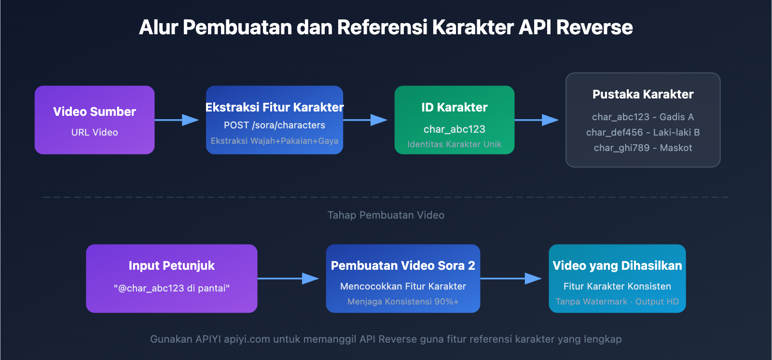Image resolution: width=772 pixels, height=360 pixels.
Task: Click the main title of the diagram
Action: click(x=386, y=28)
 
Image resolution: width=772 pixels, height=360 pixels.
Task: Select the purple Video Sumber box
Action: click(x=95, y=120)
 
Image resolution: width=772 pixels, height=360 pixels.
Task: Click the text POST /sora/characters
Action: click(x=274, y=125)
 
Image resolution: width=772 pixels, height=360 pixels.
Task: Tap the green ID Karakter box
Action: click(x=454, y=120)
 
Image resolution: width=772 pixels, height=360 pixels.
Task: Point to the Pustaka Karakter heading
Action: click(x=643, y=95)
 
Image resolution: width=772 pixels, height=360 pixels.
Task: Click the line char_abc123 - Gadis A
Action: click(x=643, y=117)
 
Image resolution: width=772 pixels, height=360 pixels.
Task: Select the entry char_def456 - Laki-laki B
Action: click(x=643, y=133)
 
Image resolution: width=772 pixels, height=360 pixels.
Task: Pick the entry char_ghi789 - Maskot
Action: click(x=643, y=148)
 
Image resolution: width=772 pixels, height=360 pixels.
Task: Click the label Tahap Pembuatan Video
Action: click(x=386, y=215)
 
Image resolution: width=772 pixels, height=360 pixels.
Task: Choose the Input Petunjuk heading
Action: click(x=171, y=266)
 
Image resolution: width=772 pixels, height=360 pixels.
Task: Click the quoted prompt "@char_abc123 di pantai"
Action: click(x=171, y=289)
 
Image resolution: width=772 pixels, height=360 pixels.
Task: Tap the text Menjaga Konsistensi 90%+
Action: click(x=403, y=302)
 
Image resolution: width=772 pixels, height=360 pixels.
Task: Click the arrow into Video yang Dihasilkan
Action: click(x=511, y=278)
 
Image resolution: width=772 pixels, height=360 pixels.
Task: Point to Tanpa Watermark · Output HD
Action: click(x=617, y=302)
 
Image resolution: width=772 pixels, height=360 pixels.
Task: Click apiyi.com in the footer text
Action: click(x=247, y=339)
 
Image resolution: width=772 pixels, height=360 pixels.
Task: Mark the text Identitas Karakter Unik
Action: click(x=454, y=144)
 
